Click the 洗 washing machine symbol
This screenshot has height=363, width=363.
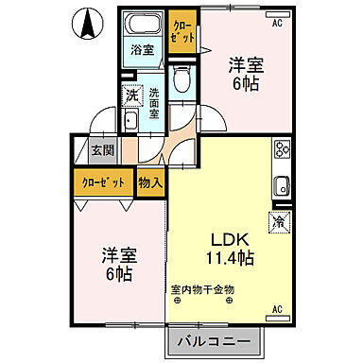pyautogui.click(x=133, y=95)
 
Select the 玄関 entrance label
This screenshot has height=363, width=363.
pyautogui.click(x=102, y=149)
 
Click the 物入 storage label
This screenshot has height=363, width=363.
pyautogui.click(x=151, y=181)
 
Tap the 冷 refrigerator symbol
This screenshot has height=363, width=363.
pyautogui.click(x=281, y=221)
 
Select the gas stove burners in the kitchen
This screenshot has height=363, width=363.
pyautogui.click(x=281, y=149)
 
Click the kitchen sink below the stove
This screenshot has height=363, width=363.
pyautogui.click(x=281, y=184)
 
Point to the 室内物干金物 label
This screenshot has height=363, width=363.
pyautogui.click(x=202, y=289)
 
